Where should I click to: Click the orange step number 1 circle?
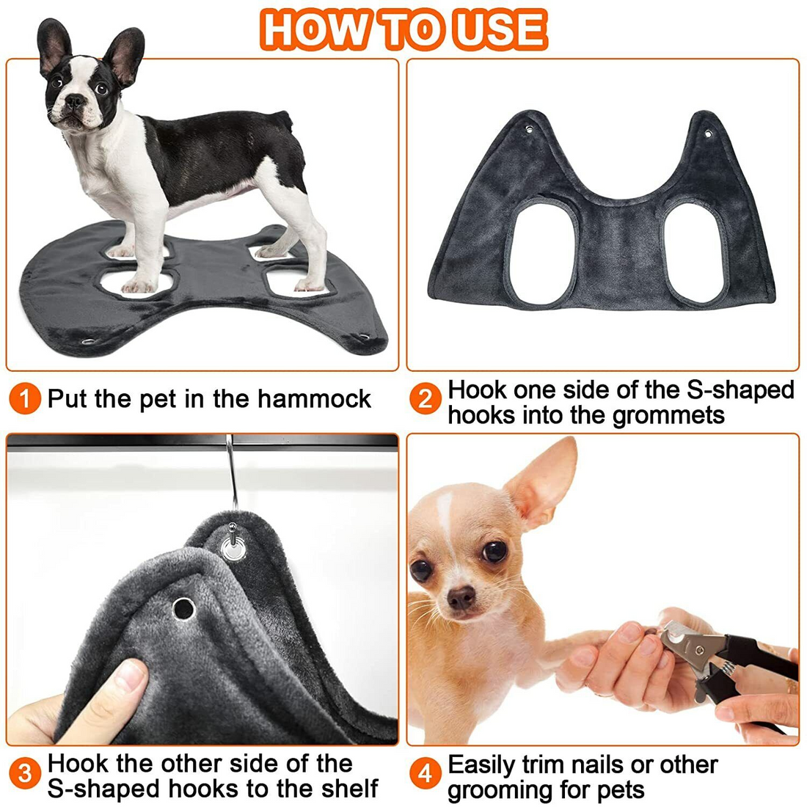[26, 400]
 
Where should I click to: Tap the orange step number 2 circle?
[426, 400]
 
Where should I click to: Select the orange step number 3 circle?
[26, 775]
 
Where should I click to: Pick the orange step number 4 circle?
[426, 775]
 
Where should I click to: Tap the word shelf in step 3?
[349, 789]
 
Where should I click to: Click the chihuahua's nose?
[461, 598]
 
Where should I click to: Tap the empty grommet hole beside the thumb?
[183, 608]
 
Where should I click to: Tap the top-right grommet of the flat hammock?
[709, 134]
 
